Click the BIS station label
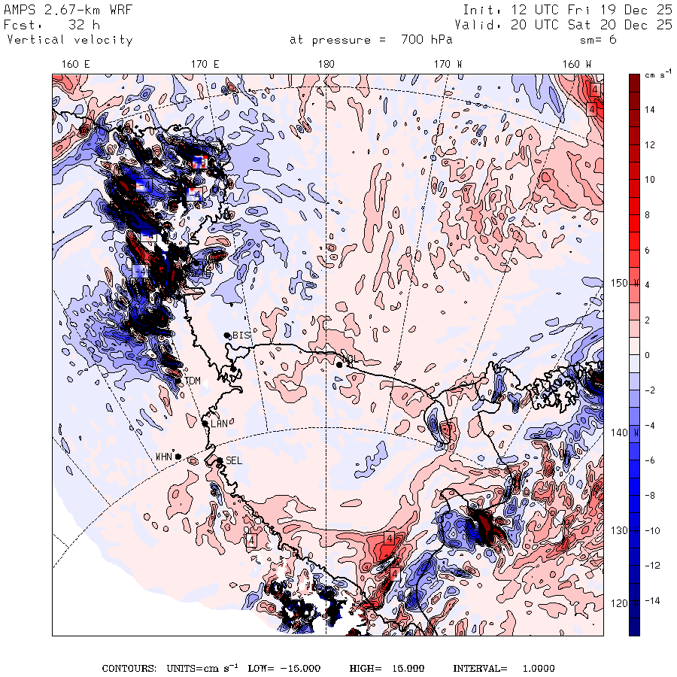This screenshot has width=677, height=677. (x=241, y=335)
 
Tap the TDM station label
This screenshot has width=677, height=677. (x=193, y=381)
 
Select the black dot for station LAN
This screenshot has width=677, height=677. (x=205, y=424)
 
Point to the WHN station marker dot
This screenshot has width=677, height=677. (x=178, y=456)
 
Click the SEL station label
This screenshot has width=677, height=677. (x=233, y=460)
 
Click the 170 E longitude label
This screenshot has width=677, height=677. (x=205, y=65)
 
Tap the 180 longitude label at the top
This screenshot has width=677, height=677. (x=326, y=65)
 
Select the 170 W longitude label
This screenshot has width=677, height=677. (x=448, y=65)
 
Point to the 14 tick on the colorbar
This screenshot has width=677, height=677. (x=649, y=109)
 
